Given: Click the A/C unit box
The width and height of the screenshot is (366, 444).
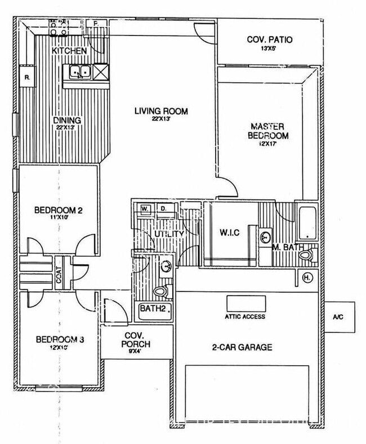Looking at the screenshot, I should tap(340, 317).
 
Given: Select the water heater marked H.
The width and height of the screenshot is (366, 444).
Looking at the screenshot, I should tap(308, 277).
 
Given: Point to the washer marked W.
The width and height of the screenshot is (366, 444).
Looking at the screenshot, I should tap(145, 209).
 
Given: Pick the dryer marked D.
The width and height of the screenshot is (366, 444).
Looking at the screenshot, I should tap(164, 209).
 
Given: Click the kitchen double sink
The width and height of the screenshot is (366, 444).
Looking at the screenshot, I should tap(80, 72).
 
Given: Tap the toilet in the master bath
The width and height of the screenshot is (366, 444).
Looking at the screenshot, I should tap(306, 255).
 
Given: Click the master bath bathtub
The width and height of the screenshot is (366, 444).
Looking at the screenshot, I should tap(307, 224).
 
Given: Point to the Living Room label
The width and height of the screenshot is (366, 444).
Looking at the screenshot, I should tap(160, 111).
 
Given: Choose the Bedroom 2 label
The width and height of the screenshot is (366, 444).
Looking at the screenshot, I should tap(58, 211).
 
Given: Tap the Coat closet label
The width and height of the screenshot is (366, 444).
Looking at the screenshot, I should tap(59, 273).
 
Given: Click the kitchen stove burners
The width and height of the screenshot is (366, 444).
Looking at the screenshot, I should tap(59, 28).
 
